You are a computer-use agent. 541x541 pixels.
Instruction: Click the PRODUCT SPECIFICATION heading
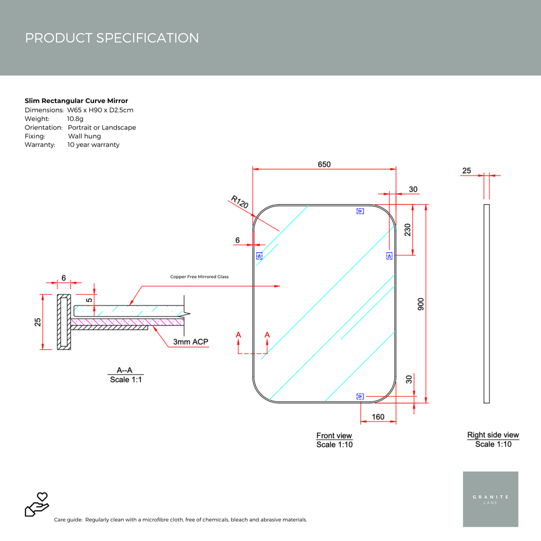(x=112, y=38)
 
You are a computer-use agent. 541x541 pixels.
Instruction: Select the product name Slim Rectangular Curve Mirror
(x=76, y=100)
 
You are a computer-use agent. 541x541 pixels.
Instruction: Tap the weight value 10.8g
(x=75, y=119)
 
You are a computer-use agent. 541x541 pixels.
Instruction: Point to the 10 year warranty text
(x=94, y=145)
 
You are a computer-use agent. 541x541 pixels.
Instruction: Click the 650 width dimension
(x=324, y=164)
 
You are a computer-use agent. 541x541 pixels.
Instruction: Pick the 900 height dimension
(x=421, y=304)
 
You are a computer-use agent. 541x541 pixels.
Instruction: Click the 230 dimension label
(x=407, y=229)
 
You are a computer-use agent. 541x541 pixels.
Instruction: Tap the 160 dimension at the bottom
(x=378, y=417)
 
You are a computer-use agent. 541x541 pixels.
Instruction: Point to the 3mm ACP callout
(x=191, y=342)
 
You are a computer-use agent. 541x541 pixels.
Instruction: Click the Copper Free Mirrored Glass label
(x=199, y=276)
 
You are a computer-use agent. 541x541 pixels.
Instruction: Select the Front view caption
(x=334, y=436)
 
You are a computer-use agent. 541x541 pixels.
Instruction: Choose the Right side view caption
(x=493, y=435)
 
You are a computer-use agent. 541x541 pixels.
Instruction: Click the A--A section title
(x=126, y=370)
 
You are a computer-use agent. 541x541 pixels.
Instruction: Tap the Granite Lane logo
(x=490, y=499)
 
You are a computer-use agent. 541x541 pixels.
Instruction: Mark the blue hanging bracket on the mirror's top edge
(x=360, y=211)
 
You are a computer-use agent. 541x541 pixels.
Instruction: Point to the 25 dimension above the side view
(x=467, y=171)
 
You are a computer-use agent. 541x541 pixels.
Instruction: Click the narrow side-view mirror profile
(x=487, y=303)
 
